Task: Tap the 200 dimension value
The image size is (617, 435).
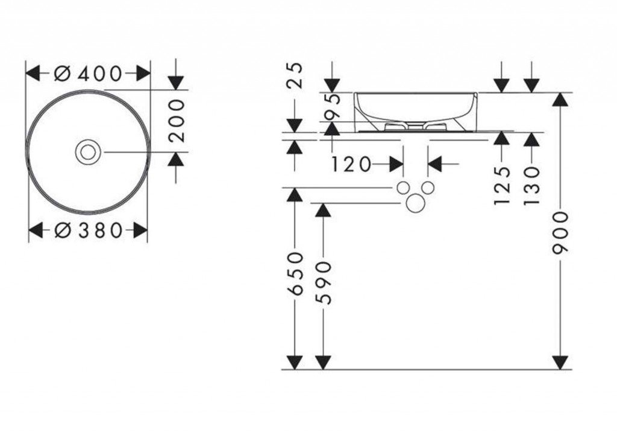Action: [177, 121]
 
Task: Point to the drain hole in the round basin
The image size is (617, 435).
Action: [88, 152]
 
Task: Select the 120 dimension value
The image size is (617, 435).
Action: [352, 164]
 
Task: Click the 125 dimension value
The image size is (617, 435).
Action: [502, 186]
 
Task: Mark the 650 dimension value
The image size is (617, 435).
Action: [295, 273]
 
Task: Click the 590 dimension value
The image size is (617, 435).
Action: [324, 282]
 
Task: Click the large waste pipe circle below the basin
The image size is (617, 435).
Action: [415, 203]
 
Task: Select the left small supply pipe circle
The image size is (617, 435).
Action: [402, 188]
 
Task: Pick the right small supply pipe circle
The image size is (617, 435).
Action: [428, 188]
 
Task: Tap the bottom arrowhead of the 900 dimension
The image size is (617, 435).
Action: [562, 362]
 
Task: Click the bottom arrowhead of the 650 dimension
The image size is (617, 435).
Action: [295, 362]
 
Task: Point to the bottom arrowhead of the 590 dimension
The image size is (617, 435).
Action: [324, 362]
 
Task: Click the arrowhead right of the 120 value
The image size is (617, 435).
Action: [396, 164]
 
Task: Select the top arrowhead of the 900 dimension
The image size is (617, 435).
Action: [562, 100]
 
